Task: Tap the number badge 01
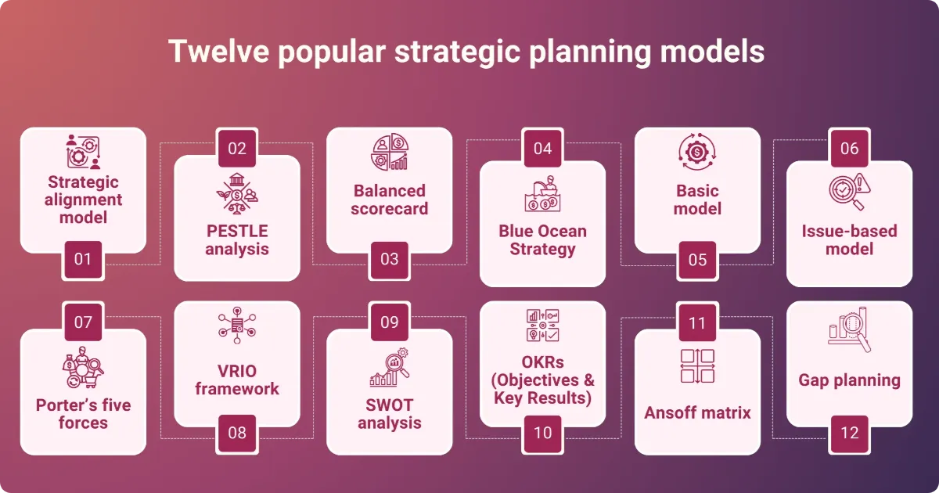(x=82, y=258)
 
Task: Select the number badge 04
(x=542, y=149)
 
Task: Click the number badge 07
(x=82, y=322)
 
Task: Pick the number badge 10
(x=542, y=432)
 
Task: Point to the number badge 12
(x=849, y=432)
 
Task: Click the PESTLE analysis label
(x=236, y=240)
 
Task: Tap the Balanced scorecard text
(x=389, y=200)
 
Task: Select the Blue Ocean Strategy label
(x=542, y=240)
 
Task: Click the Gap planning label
(x=849, y=381)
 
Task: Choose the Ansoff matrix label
(x=696, y=412)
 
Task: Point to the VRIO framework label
(x=236, y=380)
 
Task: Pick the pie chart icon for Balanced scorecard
(x=389, y=152)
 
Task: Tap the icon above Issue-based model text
(x=849, y=193)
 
